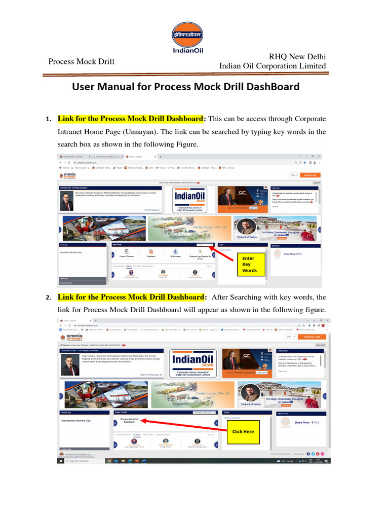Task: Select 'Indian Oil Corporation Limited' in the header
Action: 272,66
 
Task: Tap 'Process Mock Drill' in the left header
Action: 81,61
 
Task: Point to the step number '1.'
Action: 48,120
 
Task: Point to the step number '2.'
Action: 48,298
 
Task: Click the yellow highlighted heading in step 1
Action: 130,119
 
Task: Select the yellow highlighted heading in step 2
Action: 130,296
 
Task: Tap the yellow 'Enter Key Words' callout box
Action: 249,265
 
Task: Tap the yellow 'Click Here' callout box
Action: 244,431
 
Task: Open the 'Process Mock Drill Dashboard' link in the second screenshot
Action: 129,422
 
